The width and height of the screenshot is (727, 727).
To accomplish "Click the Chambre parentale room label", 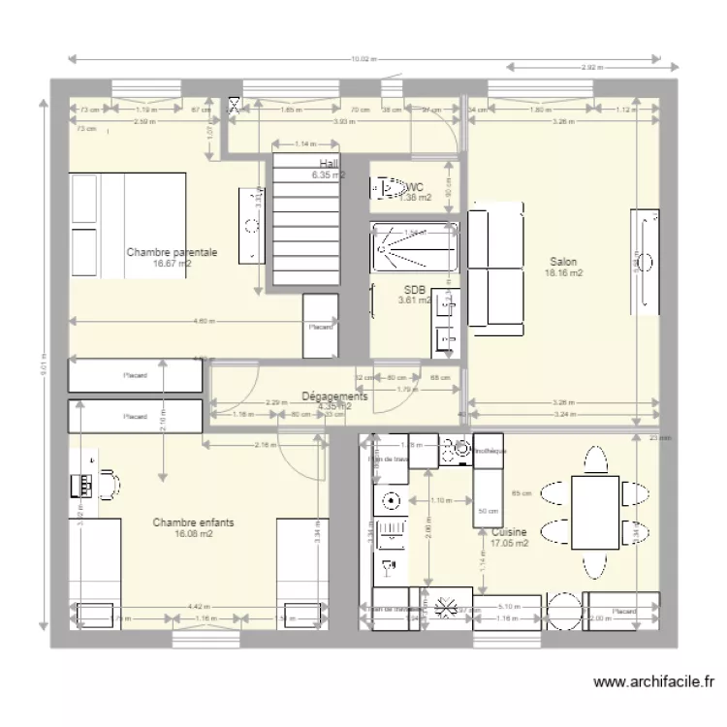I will pyautogui.click(x=172, y=252).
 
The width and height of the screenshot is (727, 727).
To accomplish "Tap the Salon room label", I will pyautogui.click(x=563, y=262).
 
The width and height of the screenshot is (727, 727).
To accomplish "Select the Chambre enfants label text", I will pyautogui.click(x=193, y=522).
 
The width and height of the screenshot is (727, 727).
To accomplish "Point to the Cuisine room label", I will pyautogui.click(x=509, y=532).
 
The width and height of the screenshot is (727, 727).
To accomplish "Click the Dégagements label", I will pyautogui.click(x=334, y=396).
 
